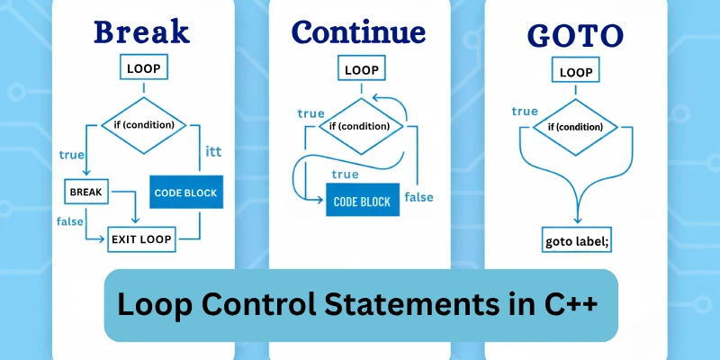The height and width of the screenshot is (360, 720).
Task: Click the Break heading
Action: click(142, 31)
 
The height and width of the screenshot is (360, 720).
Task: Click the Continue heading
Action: click(358, 31)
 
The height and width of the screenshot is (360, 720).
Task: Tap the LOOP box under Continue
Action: click(362, 69)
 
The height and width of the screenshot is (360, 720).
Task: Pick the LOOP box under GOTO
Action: click(576, 72)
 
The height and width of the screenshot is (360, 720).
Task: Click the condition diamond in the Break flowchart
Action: click(142, 124)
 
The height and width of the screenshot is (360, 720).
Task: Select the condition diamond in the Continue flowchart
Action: click(360, 126)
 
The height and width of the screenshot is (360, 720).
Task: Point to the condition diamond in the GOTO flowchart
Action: click(576, 126)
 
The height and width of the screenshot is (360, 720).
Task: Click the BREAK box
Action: click(86, 191)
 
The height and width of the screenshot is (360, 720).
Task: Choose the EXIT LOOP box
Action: click(141, 239)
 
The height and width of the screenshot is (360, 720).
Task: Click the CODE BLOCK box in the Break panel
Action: click(185, 193)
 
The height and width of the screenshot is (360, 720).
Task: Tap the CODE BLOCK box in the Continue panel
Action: click(362, 202)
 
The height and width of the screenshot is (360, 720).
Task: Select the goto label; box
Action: click(577, 241)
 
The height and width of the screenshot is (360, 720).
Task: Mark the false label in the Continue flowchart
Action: click(421, 197)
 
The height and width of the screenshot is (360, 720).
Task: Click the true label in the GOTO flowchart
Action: click(525, 111)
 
